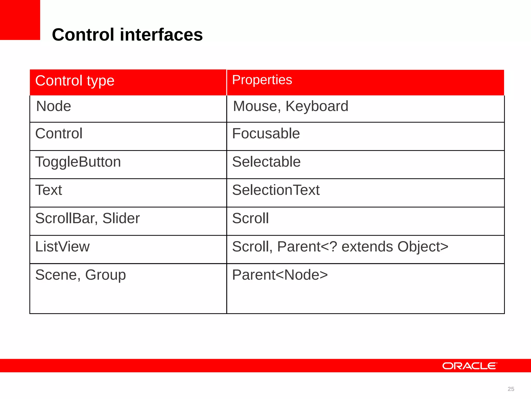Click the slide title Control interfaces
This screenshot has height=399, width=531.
pos(127,35)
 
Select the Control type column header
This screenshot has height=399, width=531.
pos(75,81)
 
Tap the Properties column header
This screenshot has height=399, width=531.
pos(262,80)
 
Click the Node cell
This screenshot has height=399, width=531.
pos(53,106)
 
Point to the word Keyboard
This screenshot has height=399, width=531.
pos(317,106)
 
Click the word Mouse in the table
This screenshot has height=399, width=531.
pos(255,106)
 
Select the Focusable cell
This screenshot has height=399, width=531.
pos(266,134)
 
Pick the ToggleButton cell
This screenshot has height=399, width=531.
pos(78,162)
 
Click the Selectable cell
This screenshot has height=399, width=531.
pos(266,162)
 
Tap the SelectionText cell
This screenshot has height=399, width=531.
pos(276,190)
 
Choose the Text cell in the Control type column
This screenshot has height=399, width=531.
pos(48,190)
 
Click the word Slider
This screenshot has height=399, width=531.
pos(121,218)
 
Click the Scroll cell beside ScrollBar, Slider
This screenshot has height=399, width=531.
pos(250,218)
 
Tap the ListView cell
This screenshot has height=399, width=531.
pos(62,247)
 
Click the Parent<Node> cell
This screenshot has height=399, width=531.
pos(280,275)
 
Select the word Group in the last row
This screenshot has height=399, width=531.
pos(105,275)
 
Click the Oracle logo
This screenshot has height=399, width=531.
pos(470,366)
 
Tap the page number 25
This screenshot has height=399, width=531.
pos(511,389)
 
